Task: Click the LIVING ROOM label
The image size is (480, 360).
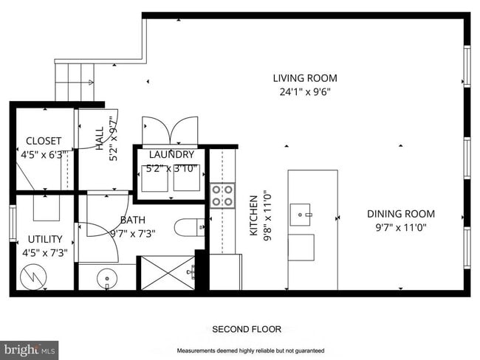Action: click(x=305, y=78)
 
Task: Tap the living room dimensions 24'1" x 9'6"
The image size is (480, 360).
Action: click(x=305, y=93)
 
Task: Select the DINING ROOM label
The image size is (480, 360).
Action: click(x=400, y=214)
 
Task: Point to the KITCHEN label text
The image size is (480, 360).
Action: click(x=253, y=215)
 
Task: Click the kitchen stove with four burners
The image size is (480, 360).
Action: click(x=223, y=195)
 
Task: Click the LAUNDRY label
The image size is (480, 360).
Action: click(x=171, y=155)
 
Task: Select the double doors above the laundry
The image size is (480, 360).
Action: click(x=171, y=131)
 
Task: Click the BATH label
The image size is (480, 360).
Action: click(x=131, y=220)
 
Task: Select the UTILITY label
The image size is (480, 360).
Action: click(x=45, y=239)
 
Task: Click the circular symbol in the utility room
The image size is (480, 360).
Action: click(x=32, y=277)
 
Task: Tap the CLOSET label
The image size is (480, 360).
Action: click(x=44, y=141)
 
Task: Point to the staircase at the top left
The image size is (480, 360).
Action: click(x=76, y=82)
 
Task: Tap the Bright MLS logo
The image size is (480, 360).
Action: click(x=30, y=348)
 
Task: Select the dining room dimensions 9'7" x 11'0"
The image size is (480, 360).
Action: click(x=400, y=228)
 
